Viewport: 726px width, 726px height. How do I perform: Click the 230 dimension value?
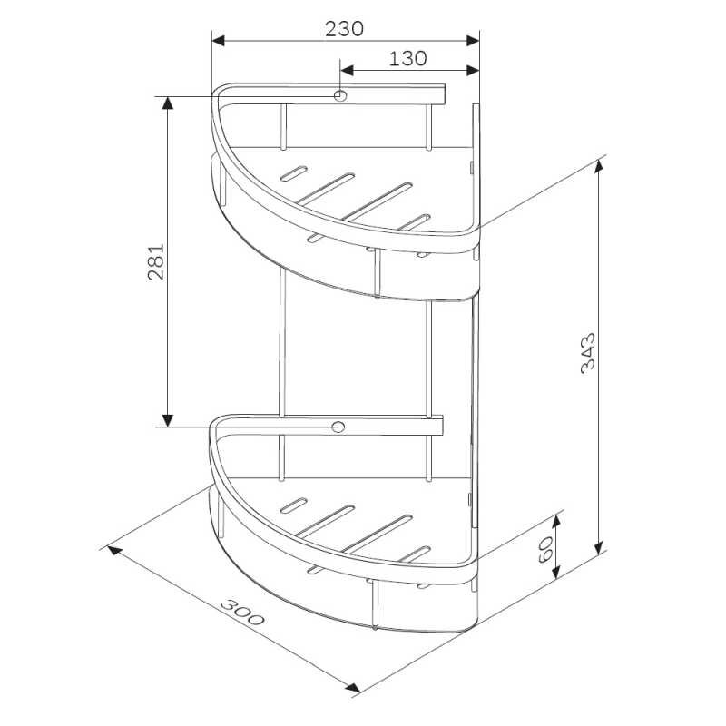[x=344, y=29]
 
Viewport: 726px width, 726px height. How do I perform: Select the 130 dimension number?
[x=407, y=59]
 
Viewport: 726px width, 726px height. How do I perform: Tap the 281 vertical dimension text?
[x=156, y=261]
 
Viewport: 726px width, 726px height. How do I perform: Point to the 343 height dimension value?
[x=587, y=353]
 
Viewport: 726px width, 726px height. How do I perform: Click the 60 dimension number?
[x=546, y=550]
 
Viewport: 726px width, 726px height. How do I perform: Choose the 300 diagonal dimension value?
[x=242, y=612]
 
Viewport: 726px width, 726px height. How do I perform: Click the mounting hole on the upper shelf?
[x=340, y=96]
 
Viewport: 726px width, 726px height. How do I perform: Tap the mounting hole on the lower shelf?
[x=338, y=427]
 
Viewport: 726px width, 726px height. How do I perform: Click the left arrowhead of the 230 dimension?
[x=218, y=41]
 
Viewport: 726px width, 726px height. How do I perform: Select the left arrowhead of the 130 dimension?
[x=347, y=71]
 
